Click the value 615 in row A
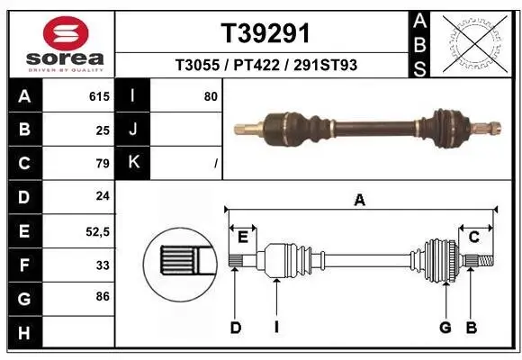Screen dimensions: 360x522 click(x=100, y=95)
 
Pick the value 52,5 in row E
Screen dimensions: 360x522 click(x=97, y=231)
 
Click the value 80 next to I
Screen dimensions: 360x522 click(x=211, y=95)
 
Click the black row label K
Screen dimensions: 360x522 click(x=133, y=163)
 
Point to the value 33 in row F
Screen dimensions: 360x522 click(x=103, y=265)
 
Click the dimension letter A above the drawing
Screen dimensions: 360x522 click(x=360, y=201)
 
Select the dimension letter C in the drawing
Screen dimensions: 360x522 click(x=473, y=238)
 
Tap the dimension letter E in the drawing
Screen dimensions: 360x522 click(x=243, y=238)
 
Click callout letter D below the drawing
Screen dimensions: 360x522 click(x=236, y=328)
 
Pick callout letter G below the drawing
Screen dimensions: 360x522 click(x=445, y=328)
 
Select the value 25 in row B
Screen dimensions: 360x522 click(x=103, y=130)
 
